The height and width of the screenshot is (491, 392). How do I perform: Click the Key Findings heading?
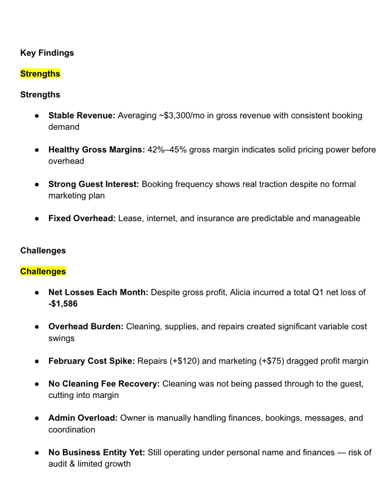pyautogui.click(x=47, y=53)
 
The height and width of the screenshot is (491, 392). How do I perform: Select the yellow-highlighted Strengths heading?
pyautogui.click(x=40, y=74)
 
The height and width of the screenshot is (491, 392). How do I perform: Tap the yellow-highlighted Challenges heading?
pyautogui.click(x=43, y=271)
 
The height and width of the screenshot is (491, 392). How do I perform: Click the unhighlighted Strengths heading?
pyautogui.click(x=40, y=94)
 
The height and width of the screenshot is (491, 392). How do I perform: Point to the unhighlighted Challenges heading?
pyautogui.click(x=43, y=250)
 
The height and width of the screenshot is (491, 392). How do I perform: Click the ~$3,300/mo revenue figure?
pyautogui.click(x=181, y=115)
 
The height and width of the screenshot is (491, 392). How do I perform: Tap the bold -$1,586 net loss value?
pyautogui.click(x=63, y=304)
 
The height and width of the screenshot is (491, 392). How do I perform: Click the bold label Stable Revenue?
pyautogui.click(x=81, y=115)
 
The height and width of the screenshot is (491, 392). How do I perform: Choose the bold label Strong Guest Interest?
pyautogui.click(x=94, y=184)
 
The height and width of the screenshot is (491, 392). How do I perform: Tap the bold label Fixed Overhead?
pyautogui.click(x=82, y=218)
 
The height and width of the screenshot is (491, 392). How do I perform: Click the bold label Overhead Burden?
pyautogui.click(x=86, y=326)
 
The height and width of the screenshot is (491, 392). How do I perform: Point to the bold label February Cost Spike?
pyautogui.click(x=91, y=361)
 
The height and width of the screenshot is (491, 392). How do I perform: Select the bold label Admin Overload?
pyautogui.click(x=83, y=418)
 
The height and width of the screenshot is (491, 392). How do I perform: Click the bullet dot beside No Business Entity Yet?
pyautogui.click(x=37, y=453)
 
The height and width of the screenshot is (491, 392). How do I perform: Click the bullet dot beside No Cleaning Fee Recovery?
pyautogui.click(x=37, y=384)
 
